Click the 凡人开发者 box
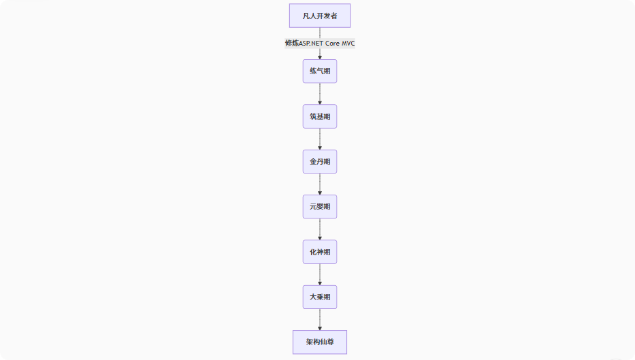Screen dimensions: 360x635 point(320,16)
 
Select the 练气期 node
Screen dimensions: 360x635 point(320,71)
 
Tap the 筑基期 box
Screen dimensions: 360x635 point(320,116)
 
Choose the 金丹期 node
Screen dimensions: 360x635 point(320,161)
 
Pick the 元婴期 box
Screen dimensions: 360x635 point(320,207)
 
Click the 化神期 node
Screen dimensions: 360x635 point(320,252)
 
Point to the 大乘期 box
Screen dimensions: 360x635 point(320,297)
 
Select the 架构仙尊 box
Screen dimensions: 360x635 point(320,342)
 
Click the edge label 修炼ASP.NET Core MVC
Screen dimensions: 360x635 point(320,43)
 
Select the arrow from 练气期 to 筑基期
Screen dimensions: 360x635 point(320,93)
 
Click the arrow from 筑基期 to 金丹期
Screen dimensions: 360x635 point(320,138)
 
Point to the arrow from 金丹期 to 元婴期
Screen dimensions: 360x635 point(320,184)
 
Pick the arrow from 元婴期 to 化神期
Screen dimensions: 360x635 point(320,229)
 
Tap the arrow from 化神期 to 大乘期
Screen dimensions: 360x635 point(320,274)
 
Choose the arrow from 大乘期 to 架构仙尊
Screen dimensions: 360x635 point(320,318)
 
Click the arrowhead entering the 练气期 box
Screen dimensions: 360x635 point(320,57)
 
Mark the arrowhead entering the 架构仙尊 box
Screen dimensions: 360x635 point(320,327)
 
